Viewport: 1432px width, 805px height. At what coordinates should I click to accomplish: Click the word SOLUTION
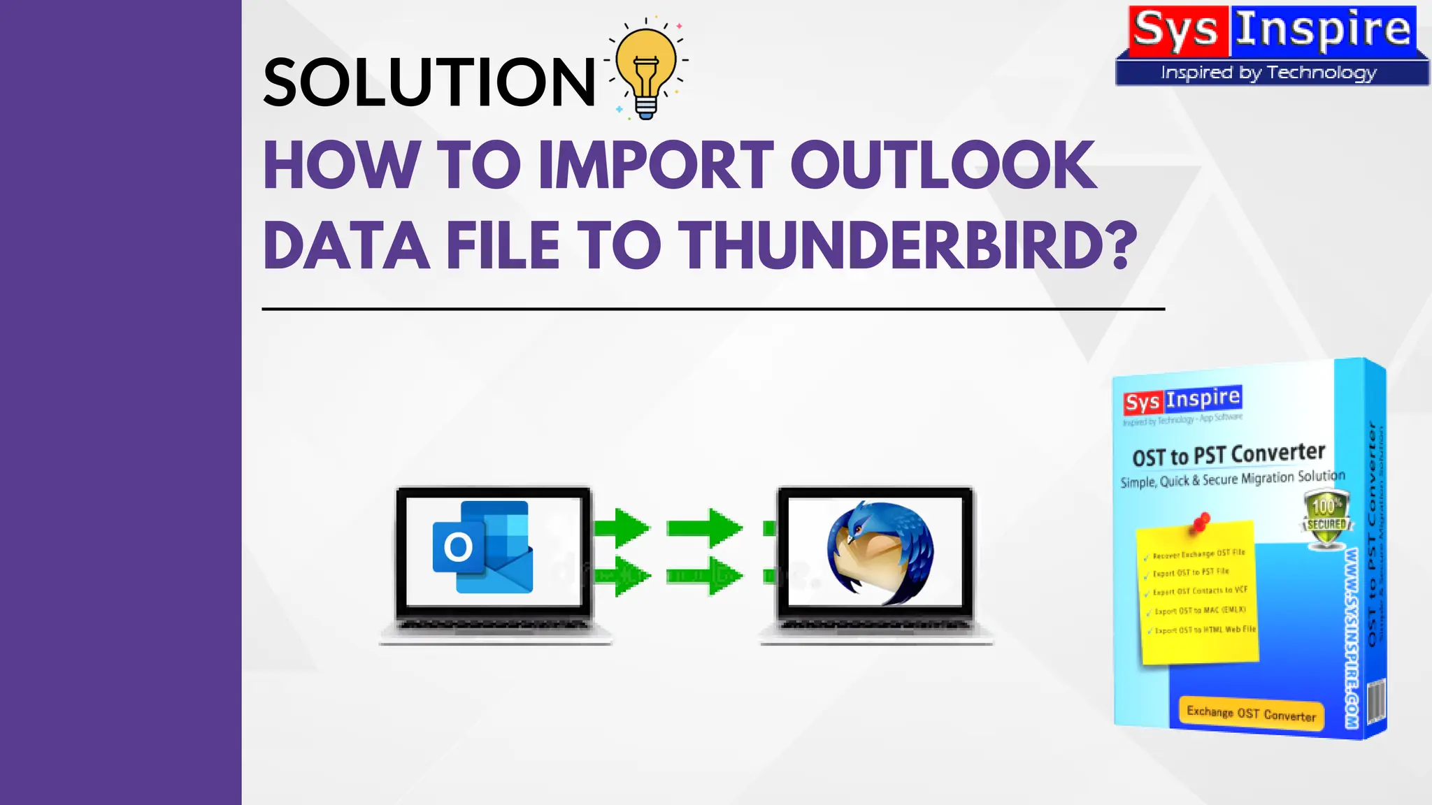click(x=429, y=82)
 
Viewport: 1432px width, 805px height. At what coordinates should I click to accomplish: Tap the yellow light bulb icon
click(x=647, y=70)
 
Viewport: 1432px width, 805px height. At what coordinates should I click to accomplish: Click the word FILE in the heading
click(x=503, y=246)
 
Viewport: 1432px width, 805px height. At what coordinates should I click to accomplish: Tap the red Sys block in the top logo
click(x=1177, y=31)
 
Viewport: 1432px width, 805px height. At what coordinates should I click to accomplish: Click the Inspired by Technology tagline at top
click(x=1268, y=73)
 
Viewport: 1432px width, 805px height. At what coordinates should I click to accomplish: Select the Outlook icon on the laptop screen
click(x=482, y=547)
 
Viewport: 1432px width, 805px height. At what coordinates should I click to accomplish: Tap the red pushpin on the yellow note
click(x=1201, y=522)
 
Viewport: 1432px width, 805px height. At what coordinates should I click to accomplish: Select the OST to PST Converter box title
click(x=1229, y=455)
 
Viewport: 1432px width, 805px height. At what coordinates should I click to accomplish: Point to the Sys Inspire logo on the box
click(x=1182, y=400)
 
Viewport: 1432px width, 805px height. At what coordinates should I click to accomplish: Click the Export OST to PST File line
click(x=1190, y=572)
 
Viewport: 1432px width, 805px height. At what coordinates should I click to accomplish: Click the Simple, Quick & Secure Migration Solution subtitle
click(x=1232, y=479)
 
